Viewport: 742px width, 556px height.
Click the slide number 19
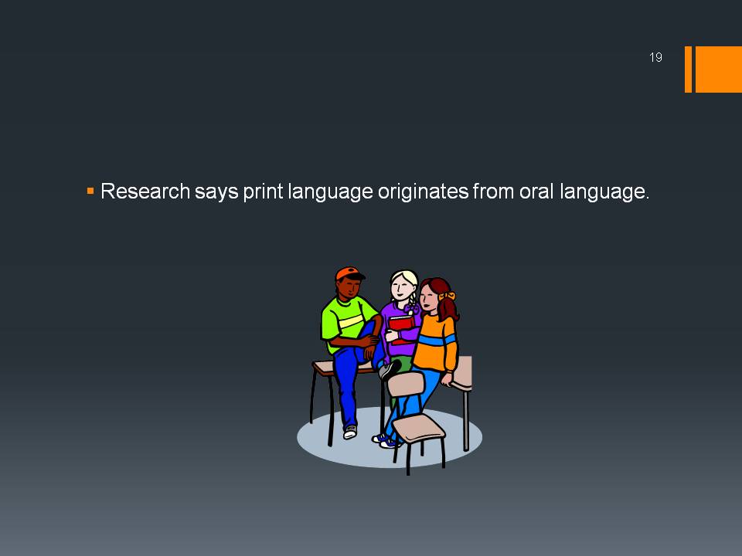point(655,57)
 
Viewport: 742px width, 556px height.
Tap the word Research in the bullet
point(145,191)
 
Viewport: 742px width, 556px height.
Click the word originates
point(423,192)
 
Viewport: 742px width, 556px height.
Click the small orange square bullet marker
point(90,191)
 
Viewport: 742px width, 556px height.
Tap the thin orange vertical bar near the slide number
point(688,69)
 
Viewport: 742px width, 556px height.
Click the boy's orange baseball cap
point(349,273)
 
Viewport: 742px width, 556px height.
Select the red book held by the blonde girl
point(401,326)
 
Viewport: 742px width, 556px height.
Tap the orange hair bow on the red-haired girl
point(446,297)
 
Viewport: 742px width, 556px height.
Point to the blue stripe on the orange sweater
point(437,341)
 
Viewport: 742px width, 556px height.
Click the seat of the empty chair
point(419,427)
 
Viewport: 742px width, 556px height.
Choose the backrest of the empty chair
point(406,384)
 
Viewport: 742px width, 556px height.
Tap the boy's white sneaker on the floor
point(350,432)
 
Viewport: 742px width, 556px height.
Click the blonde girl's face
point(401,286)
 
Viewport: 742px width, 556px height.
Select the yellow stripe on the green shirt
point(351,321)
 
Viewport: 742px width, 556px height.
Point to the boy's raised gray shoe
point(389,370)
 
